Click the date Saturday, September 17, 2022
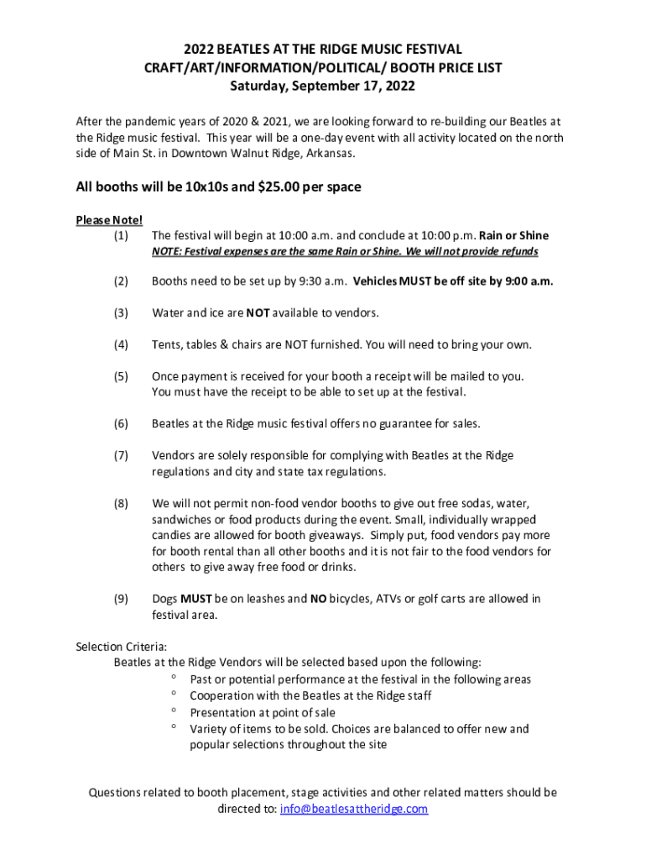click(x=323, y=86)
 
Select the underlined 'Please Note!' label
click(x=109, y=220)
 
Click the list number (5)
click(x=121, y=375)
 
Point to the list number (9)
click(x=121, y=599)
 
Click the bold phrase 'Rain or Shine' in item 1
click(x=513, y=236)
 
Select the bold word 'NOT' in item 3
click(x=256, y=313)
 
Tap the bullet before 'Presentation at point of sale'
click(x=173, y=711)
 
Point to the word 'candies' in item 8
click(x=172, y=535)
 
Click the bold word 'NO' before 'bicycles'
click(x=318, y=599)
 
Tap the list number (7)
click(x=121, y=455)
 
